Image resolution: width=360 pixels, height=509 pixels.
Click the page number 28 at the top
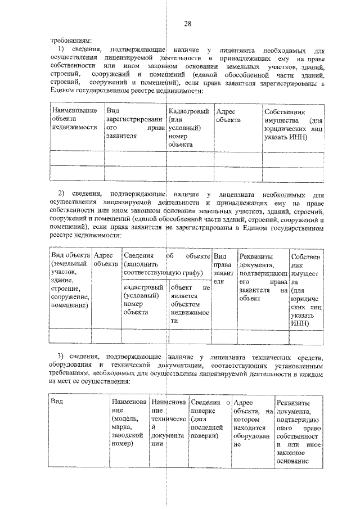click(x=188, y=23)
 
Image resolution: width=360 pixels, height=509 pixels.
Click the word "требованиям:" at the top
click(x=68, y=40)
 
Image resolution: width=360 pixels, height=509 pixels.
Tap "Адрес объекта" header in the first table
click(x=228, y=116)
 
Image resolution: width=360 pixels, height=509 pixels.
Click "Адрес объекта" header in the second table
click(x=106, y=259)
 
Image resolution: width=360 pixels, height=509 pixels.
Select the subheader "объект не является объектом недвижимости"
click(x=190, y=304)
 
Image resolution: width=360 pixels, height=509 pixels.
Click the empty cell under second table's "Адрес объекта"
click(x=106, y=336)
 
